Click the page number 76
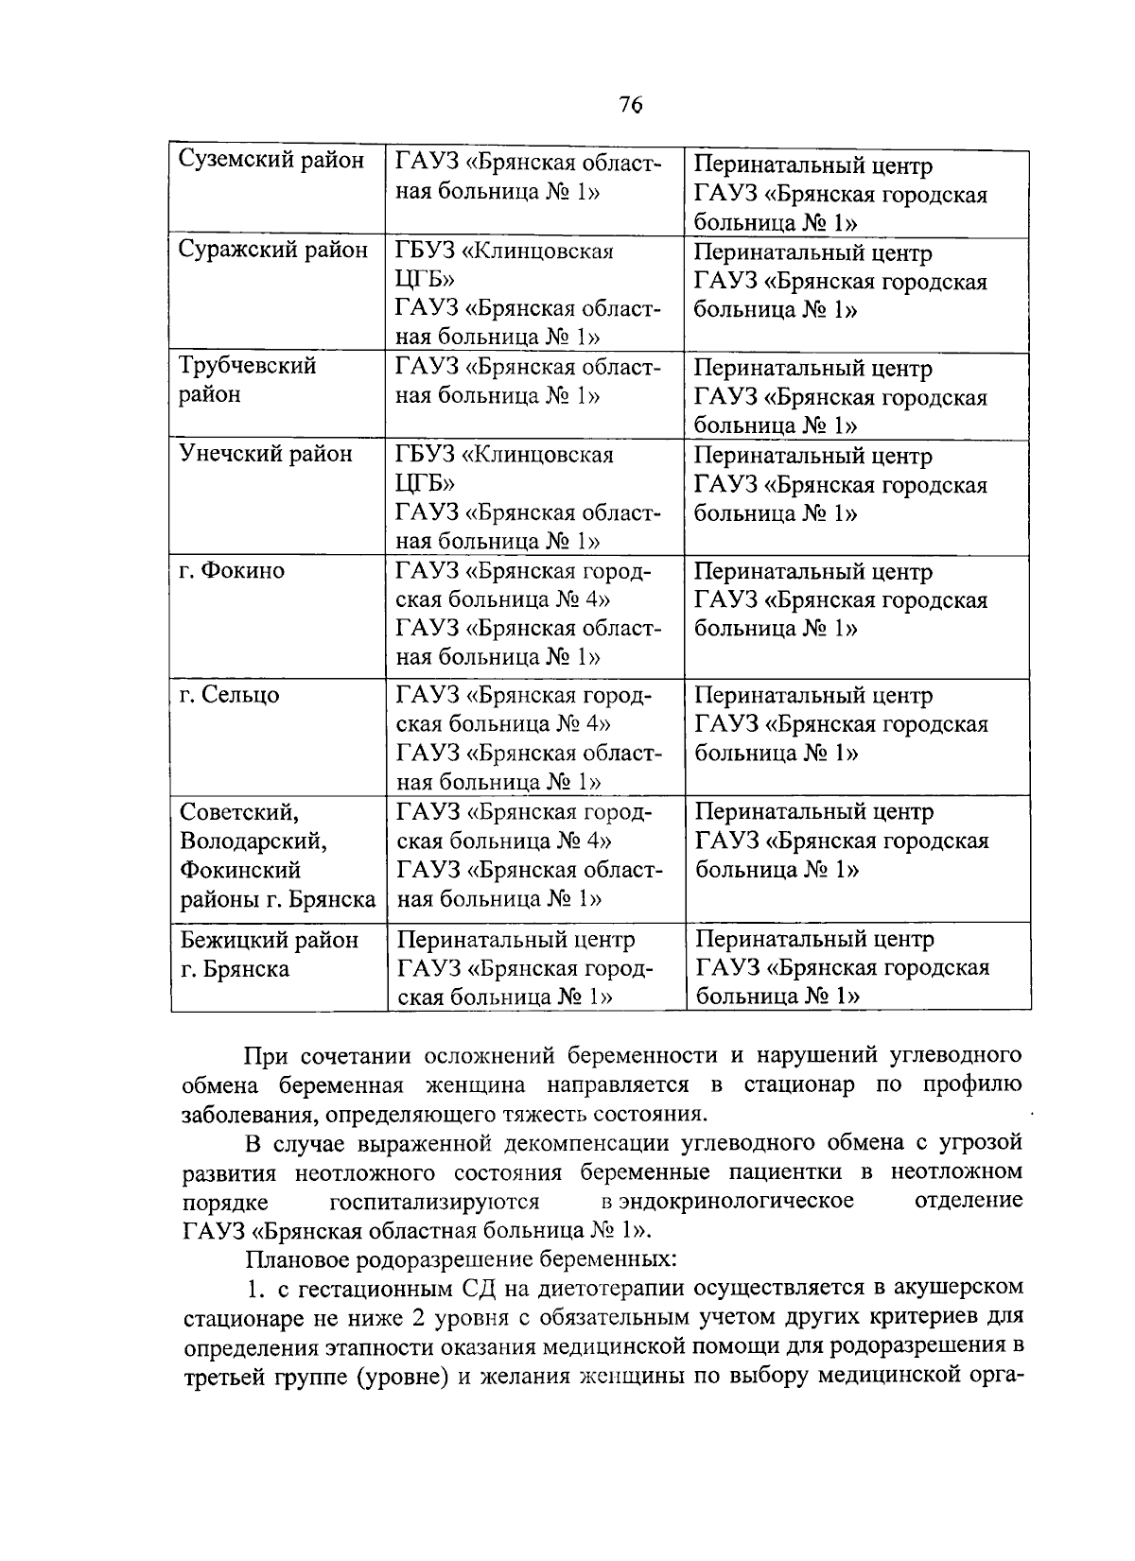[631, 104]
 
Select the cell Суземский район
[271, 162]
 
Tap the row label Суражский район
[273, 250]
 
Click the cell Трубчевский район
[248, 379]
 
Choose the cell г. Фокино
[232, 571]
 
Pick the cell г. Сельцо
[230, 695]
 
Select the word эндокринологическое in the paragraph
[727, 1201]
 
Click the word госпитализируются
[434, 1202]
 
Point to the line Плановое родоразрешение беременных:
[461, 1259]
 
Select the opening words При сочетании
[326, 1055]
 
